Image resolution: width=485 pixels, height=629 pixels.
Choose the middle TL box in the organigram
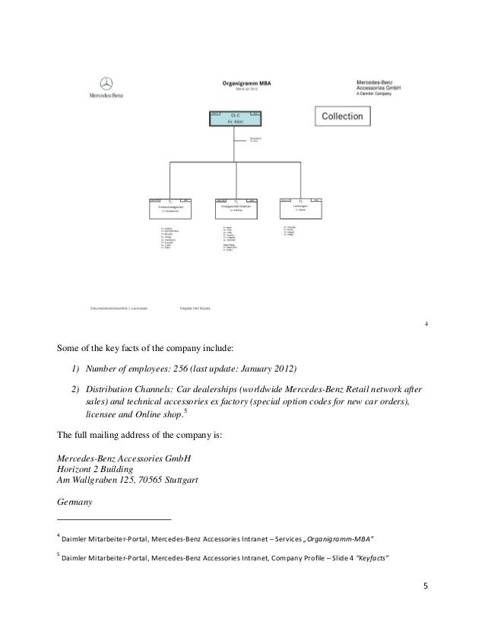point(235,205)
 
